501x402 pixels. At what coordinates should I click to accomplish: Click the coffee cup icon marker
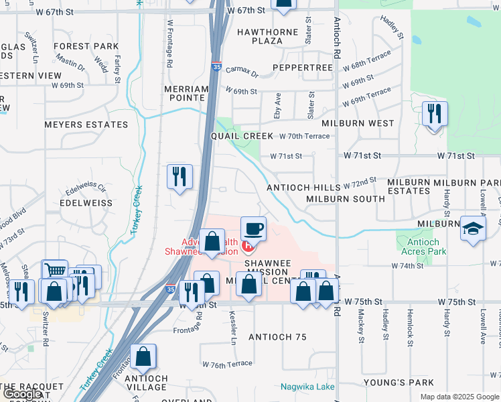(x=254, y=229)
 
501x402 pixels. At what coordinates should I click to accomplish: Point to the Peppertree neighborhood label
(x=303, y=68)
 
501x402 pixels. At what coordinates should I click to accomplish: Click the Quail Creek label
(x=242, y=136)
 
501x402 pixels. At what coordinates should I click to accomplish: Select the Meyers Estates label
(x=86, y=125)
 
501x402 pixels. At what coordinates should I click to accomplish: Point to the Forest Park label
(x=86, y=47)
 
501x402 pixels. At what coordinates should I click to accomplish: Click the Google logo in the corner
(x=22, y=394)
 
